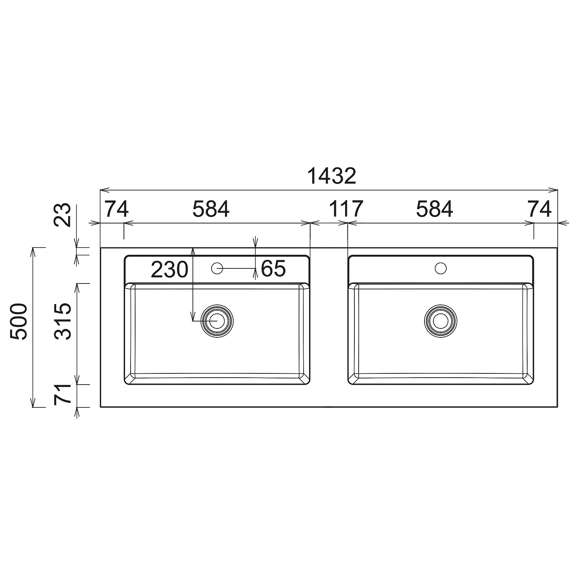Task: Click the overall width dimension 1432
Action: click(x=332, y=177)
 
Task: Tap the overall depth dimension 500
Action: click(x=19, y=322)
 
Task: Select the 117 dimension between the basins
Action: click(x=346, y=210)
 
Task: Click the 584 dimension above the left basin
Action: click(x=211, y=210)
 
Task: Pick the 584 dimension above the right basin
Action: click(x=435, y=210)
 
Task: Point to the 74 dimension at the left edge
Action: click(x=117, y=210)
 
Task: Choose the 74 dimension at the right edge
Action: click(x=540, y=210)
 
